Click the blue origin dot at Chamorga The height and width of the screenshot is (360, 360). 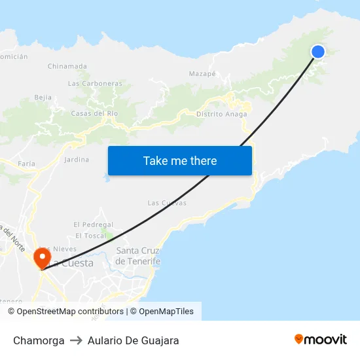pos(318,52)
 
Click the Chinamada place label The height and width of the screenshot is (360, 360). pos(67,66)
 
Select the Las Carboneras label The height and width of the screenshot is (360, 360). pos(95,84)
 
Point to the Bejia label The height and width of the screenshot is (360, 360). pos(43,98)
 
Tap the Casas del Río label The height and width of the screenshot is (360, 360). pos(94,113)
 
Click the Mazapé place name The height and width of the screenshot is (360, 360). pos(202,74)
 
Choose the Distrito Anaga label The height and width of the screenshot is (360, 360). pos(222,114)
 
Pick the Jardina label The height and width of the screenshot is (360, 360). pos(77,159)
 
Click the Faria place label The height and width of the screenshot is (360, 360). pos(27,163)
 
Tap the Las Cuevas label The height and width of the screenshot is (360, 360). pos(167,203)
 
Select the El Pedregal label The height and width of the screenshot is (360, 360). pos(94,225)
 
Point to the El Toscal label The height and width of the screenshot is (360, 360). pos(90,236)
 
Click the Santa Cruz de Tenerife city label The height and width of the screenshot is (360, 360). pos(137,256)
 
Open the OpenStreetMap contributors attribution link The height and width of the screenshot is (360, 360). pos(69,312)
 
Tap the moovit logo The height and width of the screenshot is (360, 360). pos(321,340)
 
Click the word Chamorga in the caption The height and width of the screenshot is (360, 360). pos(39,340)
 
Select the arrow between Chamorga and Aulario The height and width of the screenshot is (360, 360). pos(76,340)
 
